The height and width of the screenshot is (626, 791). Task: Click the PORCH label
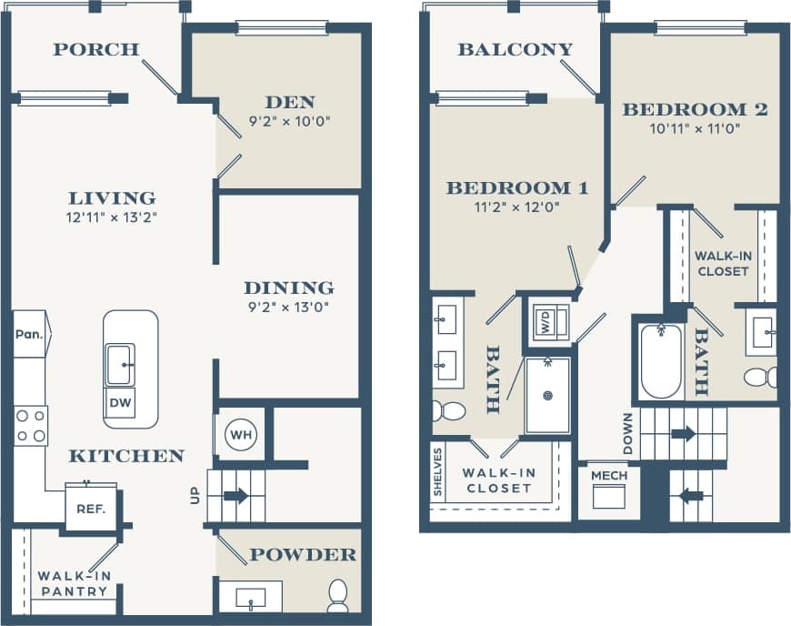(x=95, y=49)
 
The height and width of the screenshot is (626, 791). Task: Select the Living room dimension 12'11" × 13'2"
(x=112, y=217)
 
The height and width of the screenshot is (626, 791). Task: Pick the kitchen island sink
(x=121, y=364)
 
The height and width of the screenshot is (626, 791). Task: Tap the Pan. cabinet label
(x=28, y=334)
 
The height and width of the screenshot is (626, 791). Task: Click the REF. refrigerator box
(x=90, y=510)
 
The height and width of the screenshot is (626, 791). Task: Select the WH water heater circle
(x=240, y=435)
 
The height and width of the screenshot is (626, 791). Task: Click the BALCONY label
(x=516, y=49)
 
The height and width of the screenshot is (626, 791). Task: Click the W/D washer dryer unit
(x=550, y=321)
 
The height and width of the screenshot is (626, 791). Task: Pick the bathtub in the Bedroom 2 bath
(x=660, y=362)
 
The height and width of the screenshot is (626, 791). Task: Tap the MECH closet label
(x=609, y=476)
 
